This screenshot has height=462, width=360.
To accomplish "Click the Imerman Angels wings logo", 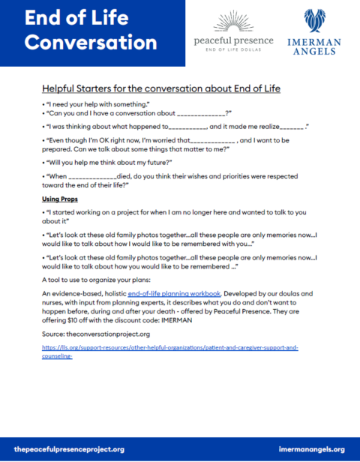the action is [316, 20].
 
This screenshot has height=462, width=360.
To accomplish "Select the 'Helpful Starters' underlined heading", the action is [161, 88].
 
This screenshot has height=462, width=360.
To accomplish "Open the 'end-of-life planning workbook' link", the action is [174, 292].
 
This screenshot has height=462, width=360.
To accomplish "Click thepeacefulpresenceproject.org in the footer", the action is [69, 449].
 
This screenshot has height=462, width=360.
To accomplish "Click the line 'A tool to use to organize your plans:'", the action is [95, 278].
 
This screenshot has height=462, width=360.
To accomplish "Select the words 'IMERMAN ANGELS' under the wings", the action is [316, 47].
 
